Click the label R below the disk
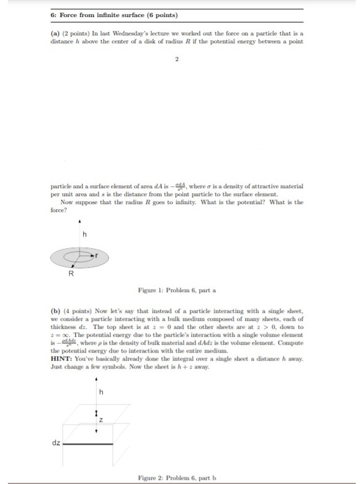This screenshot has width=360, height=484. click(70, 273)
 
